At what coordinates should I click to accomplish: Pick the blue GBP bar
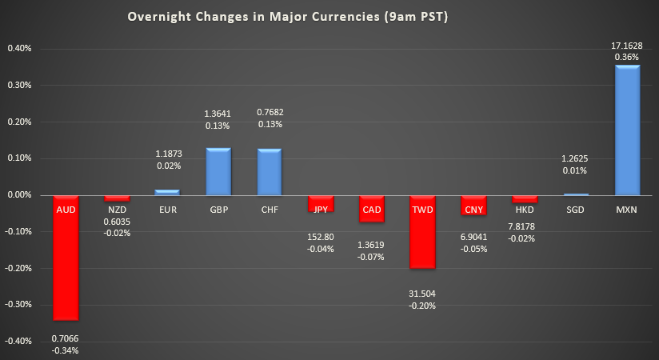pos(218,171)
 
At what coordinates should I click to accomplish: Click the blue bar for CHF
pos(270,171)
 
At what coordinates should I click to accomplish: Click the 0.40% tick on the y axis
pos(18,48)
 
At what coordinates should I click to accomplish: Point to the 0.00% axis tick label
pos(18,195)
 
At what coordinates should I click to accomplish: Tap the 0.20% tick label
pos(18,122)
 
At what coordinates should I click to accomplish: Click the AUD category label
pos(65,209)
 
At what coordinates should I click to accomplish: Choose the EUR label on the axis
pos(167,209)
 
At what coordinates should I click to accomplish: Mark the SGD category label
pos(576,209)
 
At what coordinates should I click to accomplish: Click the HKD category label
pos(525,209)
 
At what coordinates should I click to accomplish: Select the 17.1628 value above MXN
pos(627,46)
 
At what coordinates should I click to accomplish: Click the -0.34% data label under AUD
pos(65,350)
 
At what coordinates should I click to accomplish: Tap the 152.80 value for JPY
pos(321,237)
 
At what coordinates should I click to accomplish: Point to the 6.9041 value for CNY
pos(473,238)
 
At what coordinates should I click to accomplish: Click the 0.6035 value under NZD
pos(116,222)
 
